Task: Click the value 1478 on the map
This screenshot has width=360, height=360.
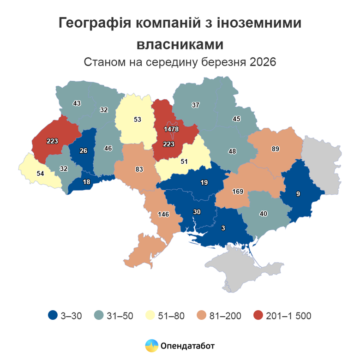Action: [x=171, y=129]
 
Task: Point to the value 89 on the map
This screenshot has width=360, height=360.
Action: [x=276, y=149]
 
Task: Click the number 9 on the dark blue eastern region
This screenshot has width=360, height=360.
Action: [x=298, y=194]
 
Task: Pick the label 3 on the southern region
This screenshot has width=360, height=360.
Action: [x=223, y=228]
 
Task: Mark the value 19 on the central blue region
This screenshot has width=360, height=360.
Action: [x=204, y=182]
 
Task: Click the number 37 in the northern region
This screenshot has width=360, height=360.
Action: [x=195, y=105]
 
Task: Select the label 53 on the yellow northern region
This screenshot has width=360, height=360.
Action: [x=137, y=119]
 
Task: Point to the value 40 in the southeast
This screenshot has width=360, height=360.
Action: [x=264, y=214]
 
